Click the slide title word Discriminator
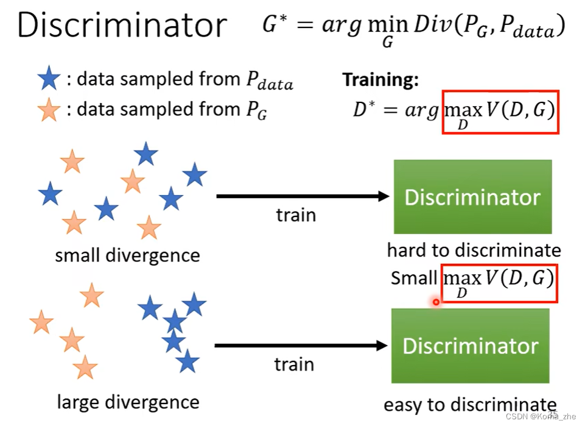coord(122,26)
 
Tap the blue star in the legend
coord(48,79)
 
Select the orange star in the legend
coord(48,110)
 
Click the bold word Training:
coord(380,80)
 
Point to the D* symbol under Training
coord(365,110)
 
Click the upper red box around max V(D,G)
coord(500,112)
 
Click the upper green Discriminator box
coord(472,197)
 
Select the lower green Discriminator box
coord(470,346)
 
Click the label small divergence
coord(127,255)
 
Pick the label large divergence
coord(128,402)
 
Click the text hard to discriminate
coord(474,250)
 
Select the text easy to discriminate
coord(470,405)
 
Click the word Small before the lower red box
coord(414,279)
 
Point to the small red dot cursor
coord(436,302)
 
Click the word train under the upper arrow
coord(296,215)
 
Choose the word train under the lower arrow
coord(294,364)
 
